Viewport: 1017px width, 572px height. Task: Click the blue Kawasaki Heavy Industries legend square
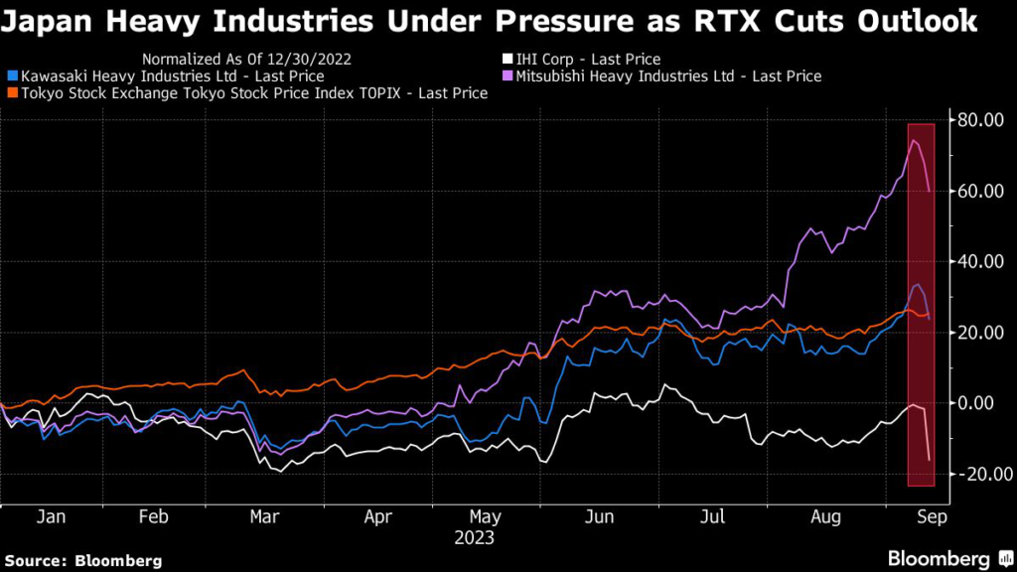pyautogui.click(x=11, y=75)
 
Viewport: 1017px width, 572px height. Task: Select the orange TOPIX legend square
pyautogui.click(x=11, y=92)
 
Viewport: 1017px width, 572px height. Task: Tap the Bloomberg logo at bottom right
pyautogui.click(x=939, y=557)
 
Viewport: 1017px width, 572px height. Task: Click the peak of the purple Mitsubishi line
pyautogui.click(x=913, y=141)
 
